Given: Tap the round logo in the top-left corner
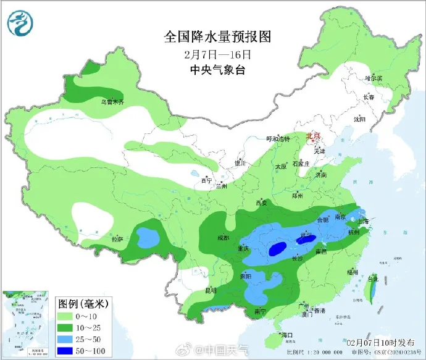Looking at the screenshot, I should click(21, 23).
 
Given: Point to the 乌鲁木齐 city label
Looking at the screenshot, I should click(113, 101).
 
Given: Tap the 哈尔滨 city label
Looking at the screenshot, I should click(374, 78).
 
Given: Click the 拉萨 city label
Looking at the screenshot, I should click(117, 238).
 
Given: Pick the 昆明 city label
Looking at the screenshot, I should click(211, 290).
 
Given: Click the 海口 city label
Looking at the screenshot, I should click(286, 335).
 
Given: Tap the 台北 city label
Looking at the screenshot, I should click(372, 279).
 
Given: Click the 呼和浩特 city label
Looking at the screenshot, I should click(277, 139).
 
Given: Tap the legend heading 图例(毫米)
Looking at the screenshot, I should click(83, 304).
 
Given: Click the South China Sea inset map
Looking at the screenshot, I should click(27, 324).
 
